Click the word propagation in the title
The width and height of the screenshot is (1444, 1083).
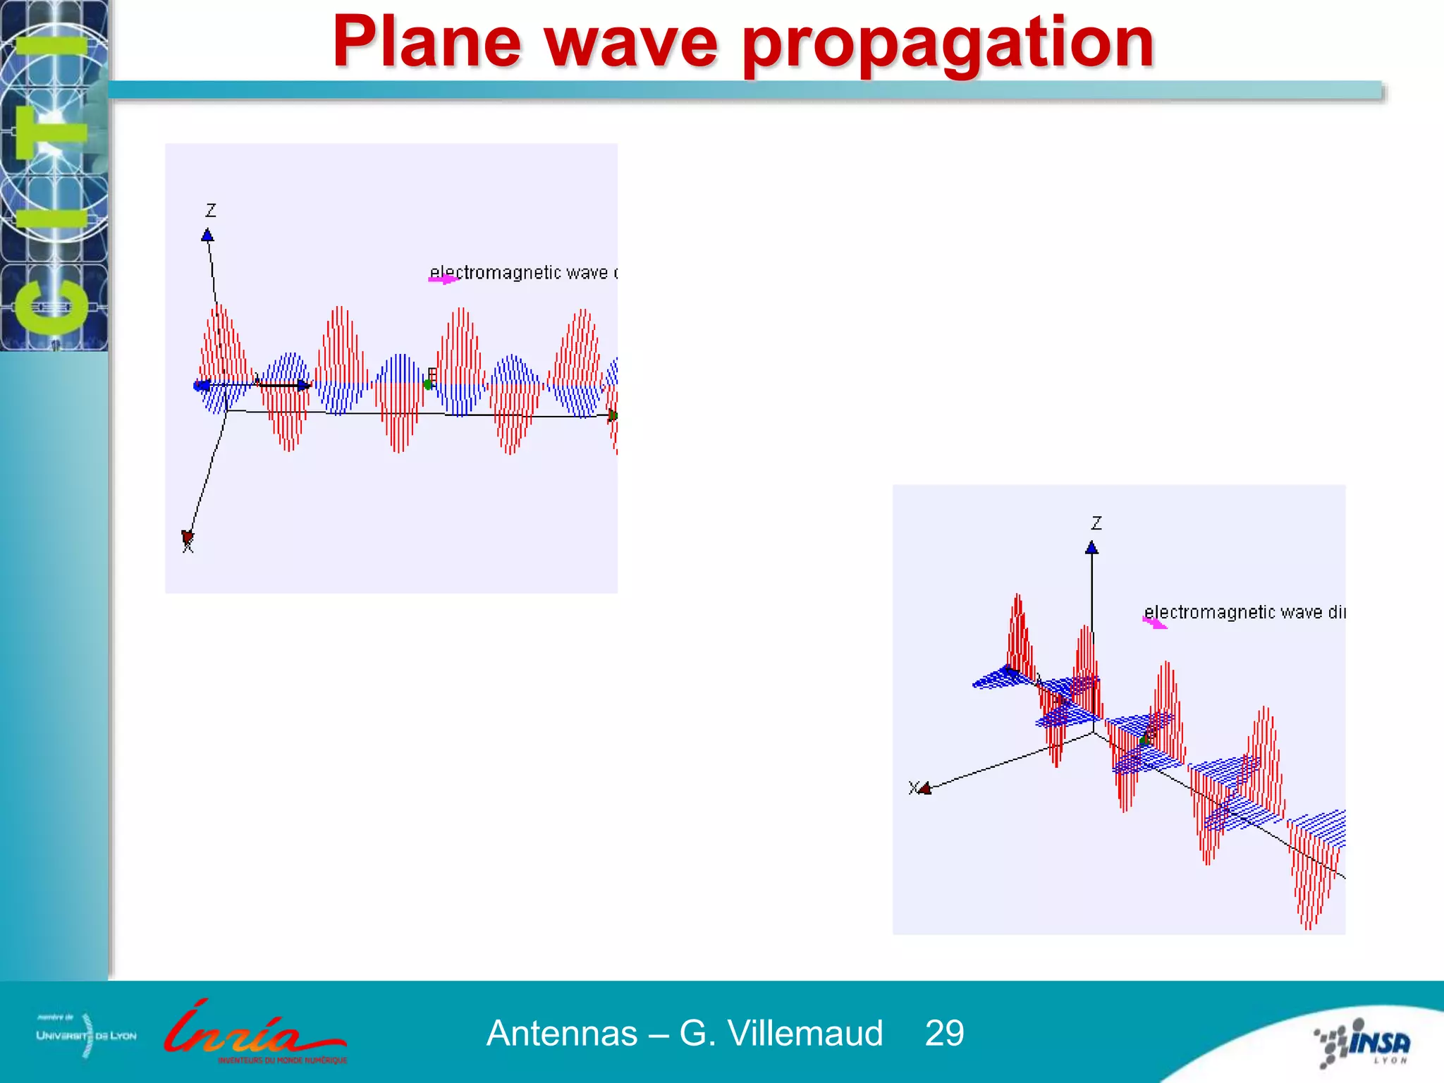pyautogui.click(x=948, y=44)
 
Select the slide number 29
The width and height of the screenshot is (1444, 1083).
pyautogui.click(x=944, y=1034)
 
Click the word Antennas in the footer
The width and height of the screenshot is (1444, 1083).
pyautogui.click(x=562, y=1034)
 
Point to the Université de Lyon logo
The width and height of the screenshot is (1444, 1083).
pyautogui.click(x=86, y=1035)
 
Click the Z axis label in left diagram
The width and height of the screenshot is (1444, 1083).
pyautogui.click(x=211, y=210)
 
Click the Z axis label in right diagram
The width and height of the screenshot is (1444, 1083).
pyautogui.click(x=1096, y=523)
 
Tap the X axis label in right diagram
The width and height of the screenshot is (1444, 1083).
pyautogui.click(x=913, y=788)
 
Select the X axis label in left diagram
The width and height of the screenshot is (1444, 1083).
pyautogui.click(x=188, y=546)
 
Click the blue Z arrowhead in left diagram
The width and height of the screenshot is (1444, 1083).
pyautogui.click(x=207, y=235)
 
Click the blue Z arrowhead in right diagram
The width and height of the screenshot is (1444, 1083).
pyautogui.click(x=1092, y=548)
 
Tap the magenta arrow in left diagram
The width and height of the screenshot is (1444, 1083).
pyautogui.click(x=443, y=280)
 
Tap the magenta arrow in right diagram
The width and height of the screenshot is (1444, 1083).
pyautogui.click(x=1154, y=623)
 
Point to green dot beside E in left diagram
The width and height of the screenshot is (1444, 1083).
pyautogui.click(x=427, y=384)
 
